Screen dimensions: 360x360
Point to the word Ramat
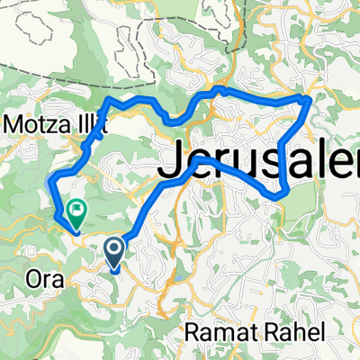217,332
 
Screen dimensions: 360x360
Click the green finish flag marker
77,213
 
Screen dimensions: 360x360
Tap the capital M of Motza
15,122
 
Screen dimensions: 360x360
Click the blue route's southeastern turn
284,193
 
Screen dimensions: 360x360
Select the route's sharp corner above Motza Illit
109,97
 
